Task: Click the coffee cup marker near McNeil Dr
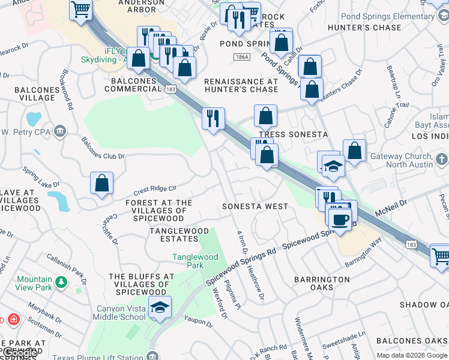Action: click(x=340, y=218)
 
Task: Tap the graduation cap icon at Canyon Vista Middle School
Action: click(x=159, y=307)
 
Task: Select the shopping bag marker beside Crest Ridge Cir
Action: click(x=102, y=182)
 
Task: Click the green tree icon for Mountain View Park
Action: click(x=61, y=281)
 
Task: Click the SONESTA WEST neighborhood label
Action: click(x=255, y=206)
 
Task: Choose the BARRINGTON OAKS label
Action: click(x=322, y=283)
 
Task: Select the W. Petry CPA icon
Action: click(x=59, y=131)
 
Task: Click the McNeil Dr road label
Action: click(x=391, y=207)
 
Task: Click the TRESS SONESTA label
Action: click(x=294, y=134)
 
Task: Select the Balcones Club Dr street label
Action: click(x=103, y=149)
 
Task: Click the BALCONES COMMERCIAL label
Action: click(x=133, y=85)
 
